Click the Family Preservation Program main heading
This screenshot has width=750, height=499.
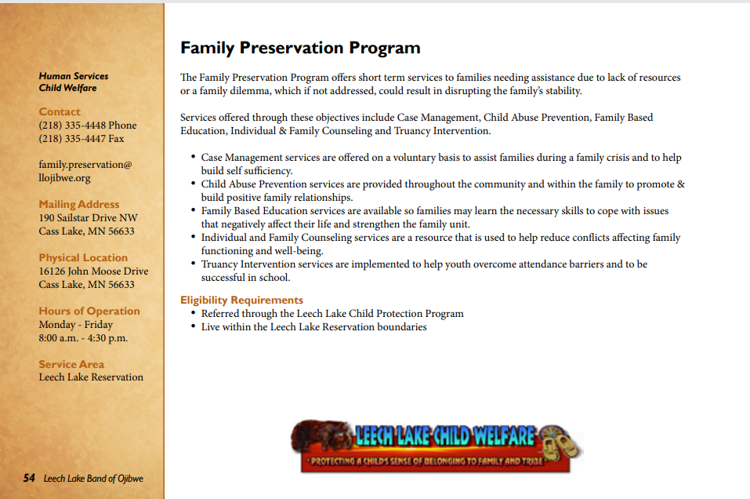coord(300,48)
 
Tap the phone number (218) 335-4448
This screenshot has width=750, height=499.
coord(88,126)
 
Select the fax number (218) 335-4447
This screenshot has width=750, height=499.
coord(82,139)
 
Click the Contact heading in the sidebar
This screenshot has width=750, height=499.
coord(60,112)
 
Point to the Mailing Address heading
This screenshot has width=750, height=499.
coord(79,205)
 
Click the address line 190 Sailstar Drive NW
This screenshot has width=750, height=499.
coord(88,218)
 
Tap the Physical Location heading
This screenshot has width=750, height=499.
coord(83,258)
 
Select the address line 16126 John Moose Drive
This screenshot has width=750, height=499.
coord(93,271)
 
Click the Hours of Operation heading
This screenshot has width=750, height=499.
coord(89,311)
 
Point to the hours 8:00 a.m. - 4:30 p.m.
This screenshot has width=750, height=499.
coord(83,338)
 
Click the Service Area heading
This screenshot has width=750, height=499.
coord(71,365)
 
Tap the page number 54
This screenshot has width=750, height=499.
coord(29,478)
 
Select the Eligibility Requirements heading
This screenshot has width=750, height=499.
coord(241,300)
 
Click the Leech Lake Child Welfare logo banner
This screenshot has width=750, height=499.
coord(436,445)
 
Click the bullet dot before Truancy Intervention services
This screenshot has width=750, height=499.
coord(193,264)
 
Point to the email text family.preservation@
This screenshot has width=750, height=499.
coord(85,165)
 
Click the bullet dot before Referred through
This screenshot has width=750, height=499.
coord(193,314)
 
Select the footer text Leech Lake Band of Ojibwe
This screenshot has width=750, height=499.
coord(93,479)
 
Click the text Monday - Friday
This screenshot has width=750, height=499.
coord(76,325)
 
